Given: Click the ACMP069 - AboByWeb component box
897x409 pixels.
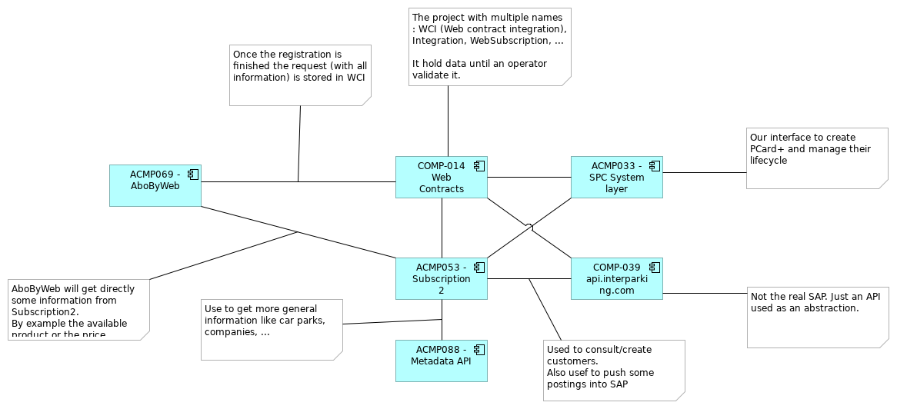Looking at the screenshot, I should [x=155, y=185].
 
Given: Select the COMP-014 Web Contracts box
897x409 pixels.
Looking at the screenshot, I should [x=441, y=178].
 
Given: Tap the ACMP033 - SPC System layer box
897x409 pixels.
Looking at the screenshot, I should [x=616, y=178].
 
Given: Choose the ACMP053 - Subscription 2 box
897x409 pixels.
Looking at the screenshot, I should [x=441, y=278].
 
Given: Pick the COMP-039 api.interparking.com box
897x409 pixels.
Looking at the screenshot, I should [x=616, y=278].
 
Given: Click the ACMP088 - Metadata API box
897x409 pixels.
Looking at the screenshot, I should [x=441, y=361].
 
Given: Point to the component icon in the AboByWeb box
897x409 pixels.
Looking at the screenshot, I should [x=192, y=175].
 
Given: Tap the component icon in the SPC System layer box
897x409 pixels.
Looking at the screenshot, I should [x=654, y=166].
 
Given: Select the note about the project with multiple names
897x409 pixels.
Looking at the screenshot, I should [x=489, y=46].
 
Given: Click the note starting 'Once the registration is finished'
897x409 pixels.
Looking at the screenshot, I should [x=300, y=75].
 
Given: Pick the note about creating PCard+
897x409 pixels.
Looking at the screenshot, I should [x=815, y=158].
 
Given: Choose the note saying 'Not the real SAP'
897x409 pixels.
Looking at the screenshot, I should [x=815, y=318].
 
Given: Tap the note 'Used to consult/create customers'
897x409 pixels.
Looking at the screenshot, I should [x=613, y=370].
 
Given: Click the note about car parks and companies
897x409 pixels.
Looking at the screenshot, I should [x=271, y=329].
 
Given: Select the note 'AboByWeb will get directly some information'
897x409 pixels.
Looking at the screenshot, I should [x=78, y=308].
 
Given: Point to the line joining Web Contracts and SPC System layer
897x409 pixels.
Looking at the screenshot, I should [x=529, y=178].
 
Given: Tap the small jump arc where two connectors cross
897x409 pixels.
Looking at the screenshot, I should [x=529, y=226].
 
